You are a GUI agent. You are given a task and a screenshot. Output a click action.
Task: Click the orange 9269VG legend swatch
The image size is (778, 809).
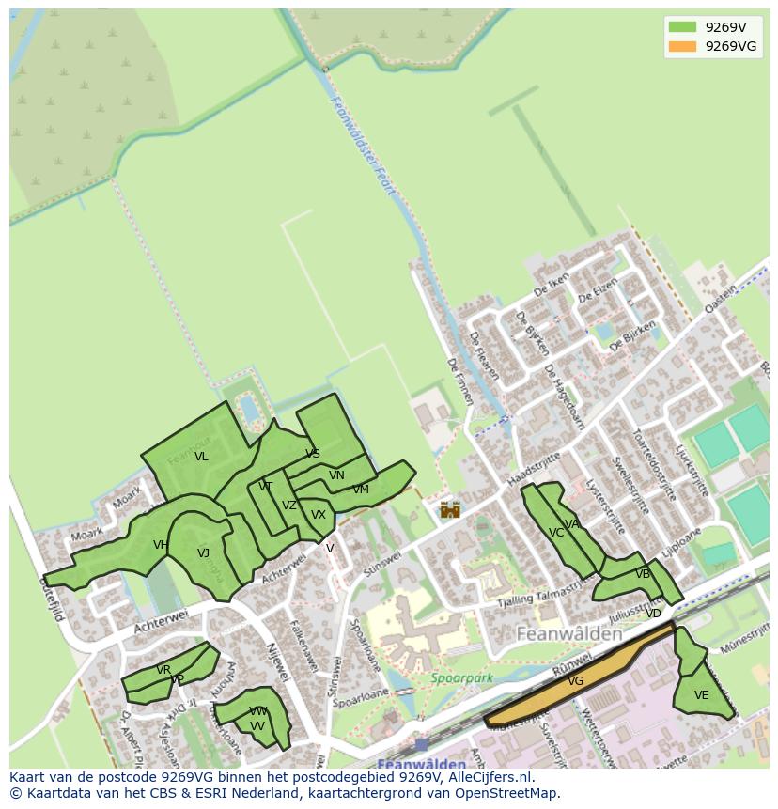point(683,46)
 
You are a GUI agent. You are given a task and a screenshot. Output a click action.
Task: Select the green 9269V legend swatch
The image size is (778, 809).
point(683,27)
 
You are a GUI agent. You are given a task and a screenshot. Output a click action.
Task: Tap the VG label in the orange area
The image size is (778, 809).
point(576,681)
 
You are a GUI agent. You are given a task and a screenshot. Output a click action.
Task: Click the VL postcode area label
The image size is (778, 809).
point(201,457)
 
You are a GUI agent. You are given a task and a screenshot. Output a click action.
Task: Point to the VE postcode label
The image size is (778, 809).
point(701,695)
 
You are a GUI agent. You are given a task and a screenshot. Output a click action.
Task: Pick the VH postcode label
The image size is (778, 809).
point(161,545)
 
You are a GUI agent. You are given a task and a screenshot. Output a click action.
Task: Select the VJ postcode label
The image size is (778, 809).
point(203,553)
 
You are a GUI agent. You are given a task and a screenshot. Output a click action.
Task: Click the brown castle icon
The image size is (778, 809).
point(451,509)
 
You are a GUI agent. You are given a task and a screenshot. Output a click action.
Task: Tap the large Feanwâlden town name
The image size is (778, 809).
point(569,634)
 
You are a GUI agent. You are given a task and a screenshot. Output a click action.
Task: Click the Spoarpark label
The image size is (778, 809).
point(461,677)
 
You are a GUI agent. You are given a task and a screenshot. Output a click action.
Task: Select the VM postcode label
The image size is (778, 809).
point(361,490)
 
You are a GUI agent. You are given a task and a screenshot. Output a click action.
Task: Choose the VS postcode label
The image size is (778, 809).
point(313,454)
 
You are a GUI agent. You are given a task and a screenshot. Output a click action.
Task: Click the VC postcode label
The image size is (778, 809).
point(556,533)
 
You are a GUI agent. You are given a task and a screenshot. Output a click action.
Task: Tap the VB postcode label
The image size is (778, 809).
point(643,574)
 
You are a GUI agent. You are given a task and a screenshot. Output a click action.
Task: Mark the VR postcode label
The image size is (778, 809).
point(163,670)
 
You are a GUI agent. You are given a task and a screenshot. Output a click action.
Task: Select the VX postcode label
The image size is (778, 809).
point(319,515)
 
